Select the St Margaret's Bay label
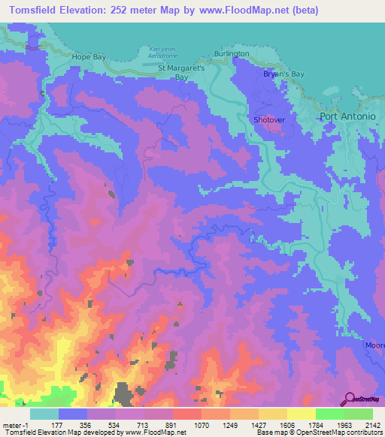pyautogui.click(x=181, y=71)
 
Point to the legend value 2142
pyautogui.click(x=371, y=424)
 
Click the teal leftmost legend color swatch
pyautogui.click(x=44, y=414)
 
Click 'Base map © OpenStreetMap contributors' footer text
pyautogui.click(x=319, y=432)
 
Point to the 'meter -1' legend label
pyautogui.click(x=17, y=424)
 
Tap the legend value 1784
pyautogui.click(x=315, y=424)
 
